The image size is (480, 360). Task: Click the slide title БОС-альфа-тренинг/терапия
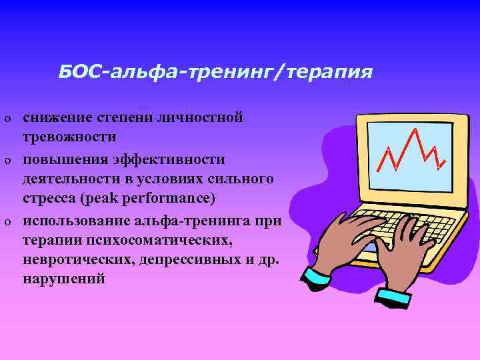click(x=215, y=71)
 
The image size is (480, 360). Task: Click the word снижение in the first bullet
click(x=55, y=118)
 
